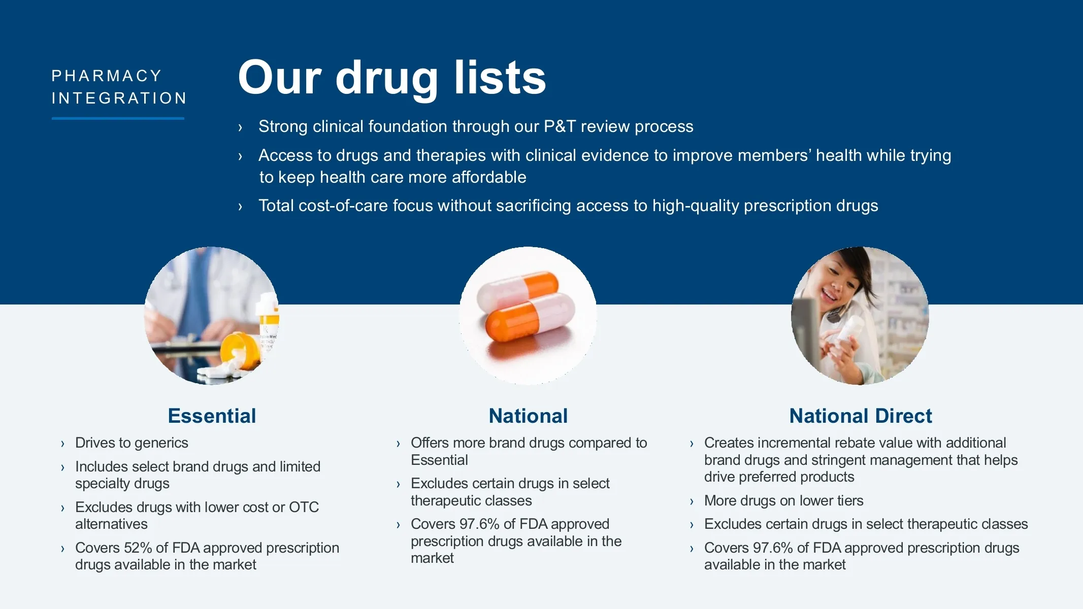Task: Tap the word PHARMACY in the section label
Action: coord(107,76)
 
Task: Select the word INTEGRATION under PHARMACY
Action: coord(119,98)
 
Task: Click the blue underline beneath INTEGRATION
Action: coord(118,118)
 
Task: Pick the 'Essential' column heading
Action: coord(212,416)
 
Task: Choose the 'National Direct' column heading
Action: coord(861,416)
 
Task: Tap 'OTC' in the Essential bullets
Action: coord(304,507)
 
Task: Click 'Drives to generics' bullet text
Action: coord(132,443)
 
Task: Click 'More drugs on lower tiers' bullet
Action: coord(783,500)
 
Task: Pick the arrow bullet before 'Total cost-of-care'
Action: coord(240,206)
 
